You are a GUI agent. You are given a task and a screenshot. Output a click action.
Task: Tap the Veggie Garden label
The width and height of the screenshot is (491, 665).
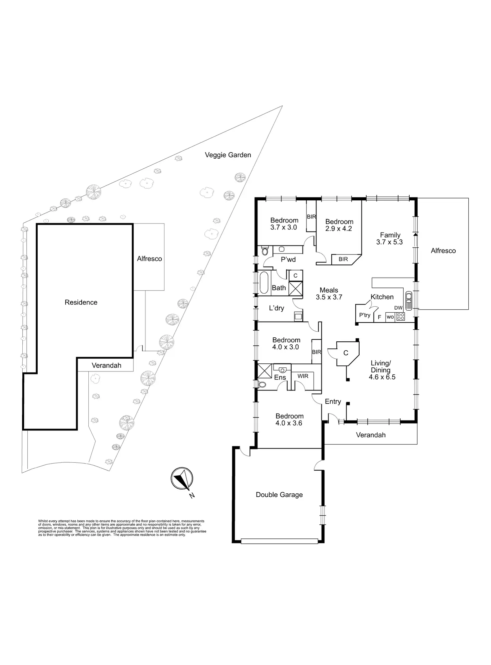coord(228,155)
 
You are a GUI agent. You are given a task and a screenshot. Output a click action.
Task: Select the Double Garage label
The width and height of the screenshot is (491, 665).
coord(279,495)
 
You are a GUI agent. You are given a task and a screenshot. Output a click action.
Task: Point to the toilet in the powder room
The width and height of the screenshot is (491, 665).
coord(265,251)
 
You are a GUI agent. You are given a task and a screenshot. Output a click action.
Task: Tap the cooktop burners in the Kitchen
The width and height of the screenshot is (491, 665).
coord(401,316)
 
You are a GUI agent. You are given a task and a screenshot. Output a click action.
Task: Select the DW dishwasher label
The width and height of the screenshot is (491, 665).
coord(398,308)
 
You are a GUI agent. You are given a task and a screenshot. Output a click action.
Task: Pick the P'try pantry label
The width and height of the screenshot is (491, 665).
coord(365,315)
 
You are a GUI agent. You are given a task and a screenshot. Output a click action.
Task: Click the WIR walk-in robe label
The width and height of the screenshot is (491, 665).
coord(303,376)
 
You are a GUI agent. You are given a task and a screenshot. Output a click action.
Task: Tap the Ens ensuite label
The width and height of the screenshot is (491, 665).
coord(280,377)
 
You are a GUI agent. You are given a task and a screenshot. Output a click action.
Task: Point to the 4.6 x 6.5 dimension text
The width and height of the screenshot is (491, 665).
coord(382,377)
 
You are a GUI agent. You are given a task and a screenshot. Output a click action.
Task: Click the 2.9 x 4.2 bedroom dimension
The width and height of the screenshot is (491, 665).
coord(339,229)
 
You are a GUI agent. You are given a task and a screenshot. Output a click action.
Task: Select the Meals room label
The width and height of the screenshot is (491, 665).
coord(329,290)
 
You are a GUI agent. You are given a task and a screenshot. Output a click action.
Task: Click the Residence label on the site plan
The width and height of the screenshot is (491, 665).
coord(81,302)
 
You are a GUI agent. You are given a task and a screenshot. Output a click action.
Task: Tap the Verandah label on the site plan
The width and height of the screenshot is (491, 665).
coord(106,365)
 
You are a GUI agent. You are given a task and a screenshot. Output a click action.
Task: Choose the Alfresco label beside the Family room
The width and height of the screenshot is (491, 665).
coord(443,251)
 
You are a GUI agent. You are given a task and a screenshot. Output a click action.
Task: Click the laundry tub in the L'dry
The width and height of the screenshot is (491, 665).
coord(298,316)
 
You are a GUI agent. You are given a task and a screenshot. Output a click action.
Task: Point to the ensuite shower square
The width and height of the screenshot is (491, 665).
coord(265,371)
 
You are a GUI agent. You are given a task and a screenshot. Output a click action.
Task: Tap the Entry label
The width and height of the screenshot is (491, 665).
coord(333,401)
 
